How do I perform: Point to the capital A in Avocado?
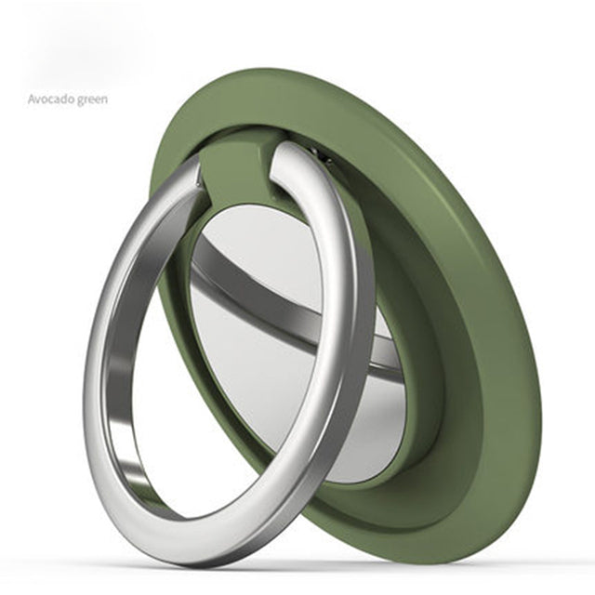point(32,99)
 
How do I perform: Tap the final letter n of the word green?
point(104,99)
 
